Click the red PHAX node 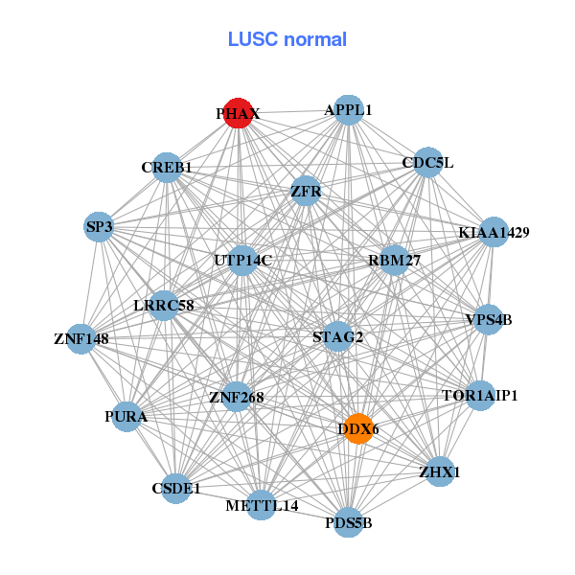(238, 113)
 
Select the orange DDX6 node (356, 428)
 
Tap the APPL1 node (348, 110)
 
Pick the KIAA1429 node (493, 232)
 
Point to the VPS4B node (488, 319)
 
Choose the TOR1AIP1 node (480, 395)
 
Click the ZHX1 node (439, 471)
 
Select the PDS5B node (348, 522)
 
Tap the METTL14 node (262, 505)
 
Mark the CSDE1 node (176, 489)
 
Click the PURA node (126, 417)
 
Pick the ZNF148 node (81, 338)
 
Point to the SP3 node (100, 227)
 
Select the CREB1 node (167, 167)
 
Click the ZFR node (306, 191)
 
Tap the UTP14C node (243, 260)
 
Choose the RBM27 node (394, 260)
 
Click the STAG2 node (337, 336)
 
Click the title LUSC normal (287, 39)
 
